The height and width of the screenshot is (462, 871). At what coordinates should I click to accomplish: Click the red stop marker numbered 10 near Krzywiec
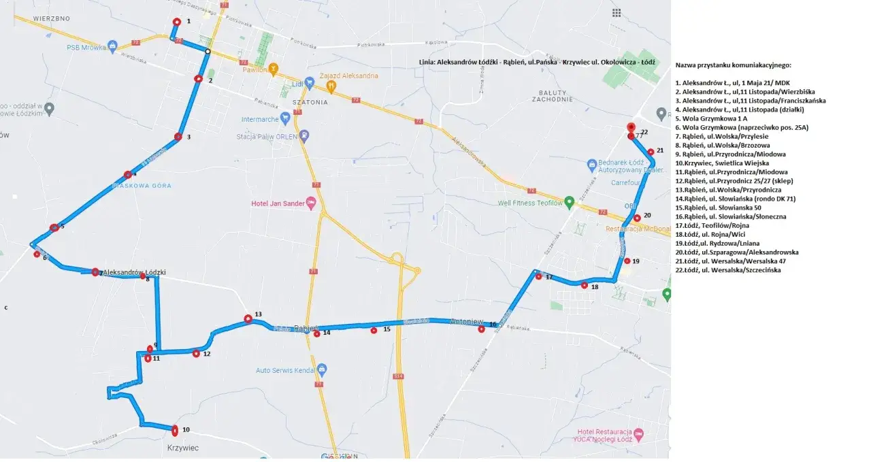click(176, 430)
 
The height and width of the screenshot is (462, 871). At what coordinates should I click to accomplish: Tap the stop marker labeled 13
click(248, 318)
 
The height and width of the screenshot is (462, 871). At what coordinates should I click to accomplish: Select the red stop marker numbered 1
click(177, 22)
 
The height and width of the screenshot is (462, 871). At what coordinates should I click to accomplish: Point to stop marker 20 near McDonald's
click(637, 218)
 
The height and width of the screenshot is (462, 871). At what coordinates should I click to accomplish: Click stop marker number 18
click(585, 286)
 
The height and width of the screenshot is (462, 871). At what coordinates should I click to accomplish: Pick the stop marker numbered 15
click(374, 331)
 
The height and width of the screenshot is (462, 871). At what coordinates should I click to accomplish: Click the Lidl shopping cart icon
click(310, 83)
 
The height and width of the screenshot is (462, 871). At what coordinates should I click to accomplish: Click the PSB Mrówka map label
click(86, 48)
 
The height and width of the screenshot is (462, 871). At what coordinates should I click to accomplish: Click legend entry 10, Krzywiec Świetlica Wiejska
click(722, 163)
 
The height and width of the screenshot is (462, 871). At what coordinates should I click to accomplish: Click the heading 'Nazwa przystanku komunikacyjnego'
click(733, 65)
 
